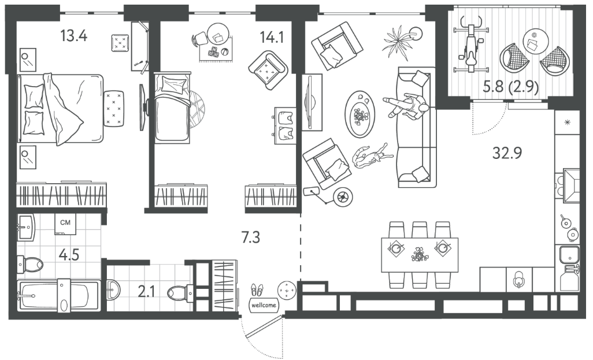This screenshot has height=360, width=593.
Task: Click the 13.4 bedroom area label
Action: coord(74,36)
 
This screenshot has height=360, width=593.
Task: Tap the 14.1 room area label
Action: coord(272,37)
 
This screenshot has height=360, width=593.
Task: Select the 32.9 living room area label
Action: coord(507,153)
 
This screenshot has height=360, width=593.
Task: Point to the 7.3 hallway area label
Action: coord(251,237)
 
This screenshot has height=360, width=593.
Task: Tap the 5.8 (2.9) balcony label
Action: coord(510,87)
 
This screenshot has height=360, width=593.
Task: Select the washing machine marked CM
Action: coord(65,224)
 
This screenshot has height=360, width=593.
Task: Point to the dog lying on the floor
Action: coord(370,155)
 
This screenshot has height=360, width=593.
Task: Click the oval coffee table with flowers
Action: coord(359,114)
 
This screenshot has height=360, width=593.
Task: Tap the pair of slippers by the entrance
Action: coord(257,290)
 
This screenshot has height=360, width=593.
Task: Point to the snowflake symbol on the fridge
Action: coord(567,122)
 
